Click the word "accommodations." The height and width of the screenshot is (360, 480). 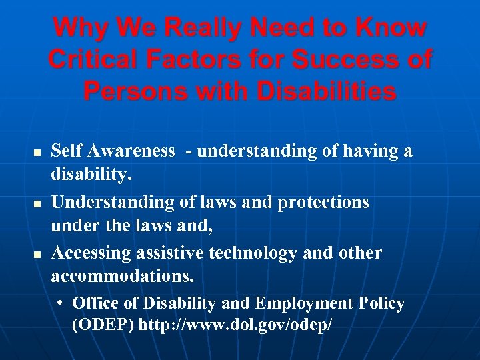(123, 275)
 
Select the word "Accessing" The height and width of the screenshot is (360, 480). (92, 253)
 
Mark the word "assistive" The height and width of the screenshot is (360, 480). (171, 253)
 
